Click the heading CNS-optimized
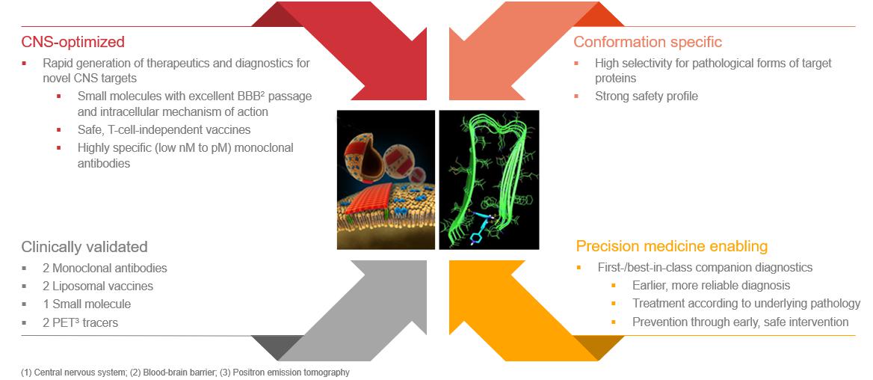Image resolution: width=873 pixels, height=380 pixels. pyautogui.click(x=73, y=42)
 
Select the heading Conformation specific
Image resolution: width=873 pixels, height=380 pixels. pyautogui.click(x=647, y=42)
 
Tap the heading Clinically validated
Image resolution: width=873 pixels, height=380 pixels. pyautogui.click(x=84, y=247)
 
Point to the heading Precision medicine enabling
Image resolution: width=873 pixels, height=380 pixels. pyautogui.click(x=672, y=246)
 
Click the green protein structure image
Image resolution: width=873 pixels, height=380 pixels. pyautogui.click(x=489, y=180)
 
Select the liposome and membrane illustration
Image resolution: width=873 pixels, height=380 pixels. pyautogui.click(x=386, y=180)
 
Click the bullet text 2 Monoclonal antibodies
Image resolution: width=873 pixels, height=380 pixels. pyautogui.click(x=105, y=268)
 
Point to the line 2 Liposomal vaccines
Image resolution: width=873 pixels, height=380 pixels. pyautogui.click(x=98, y=286)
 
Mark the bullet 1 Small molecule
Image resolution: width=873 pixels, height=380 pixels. pyautogui.click(x=87, y=304)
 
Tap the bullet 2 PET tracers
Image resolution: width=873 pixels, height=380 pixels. pyautogui.click(x=80, y=322)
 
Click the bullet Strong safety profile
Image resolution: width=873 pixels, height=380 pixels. pyautogui.click(x=647, y=96)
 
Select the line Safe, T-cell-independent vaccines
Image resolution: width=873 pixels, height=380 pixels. pyautogui.click(x=164, y=130)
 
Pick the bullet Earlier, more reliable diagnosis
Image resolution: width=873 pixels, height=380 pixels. pyautogui.click(x=711, y=285)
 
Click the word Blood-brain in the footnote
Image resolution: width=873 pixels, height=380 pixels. pyautogui.click(x=162, y=373)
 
